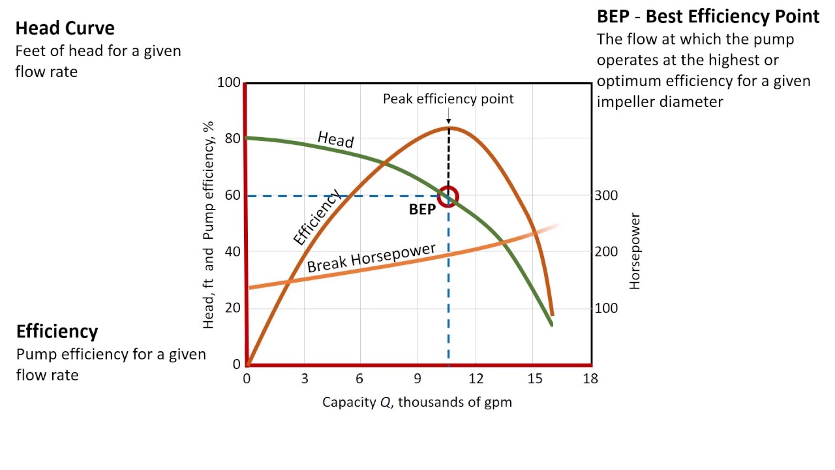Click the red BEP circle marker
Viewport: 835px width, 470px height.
448,196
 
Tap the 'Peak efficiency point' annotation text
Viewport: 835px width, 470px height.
448,99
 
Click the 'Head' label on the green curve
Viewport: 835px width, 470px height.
335,140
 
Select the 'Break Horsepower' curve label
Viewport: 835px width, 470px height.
371,258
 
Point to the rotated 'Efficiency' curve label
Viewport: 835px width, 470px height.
317,217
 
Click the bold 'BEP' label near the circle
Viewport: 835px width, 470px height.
422,210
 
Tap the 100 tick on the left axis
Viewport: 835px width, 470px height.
229,83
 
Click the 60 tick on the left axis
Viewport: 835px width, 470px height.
232,195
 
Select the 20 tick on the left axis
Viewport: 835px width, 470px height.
232,308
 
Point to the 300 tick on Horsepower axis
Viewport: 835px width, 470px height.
606,195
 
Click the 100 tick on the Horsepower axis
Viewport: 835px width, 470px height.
606,308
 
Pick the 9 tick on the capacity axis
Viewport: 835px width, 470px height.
418,379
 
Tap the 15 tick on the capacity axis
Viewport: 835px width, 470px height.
533,379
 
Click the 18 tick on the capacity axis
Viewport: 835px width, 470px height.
590,379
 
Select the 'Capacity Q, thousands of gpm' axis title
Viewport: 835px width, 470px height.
417,402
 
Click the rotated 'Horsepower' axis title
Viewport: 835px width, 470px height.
635,251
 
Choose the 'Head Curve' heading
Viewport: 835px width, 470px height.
65,28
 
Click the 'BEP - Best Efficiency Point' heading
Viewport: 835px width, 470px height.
708,16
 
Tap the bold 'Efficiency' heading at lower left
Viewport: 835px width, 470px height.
57,332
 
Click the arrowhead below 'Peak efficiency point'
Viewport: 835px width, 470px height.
448,121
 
